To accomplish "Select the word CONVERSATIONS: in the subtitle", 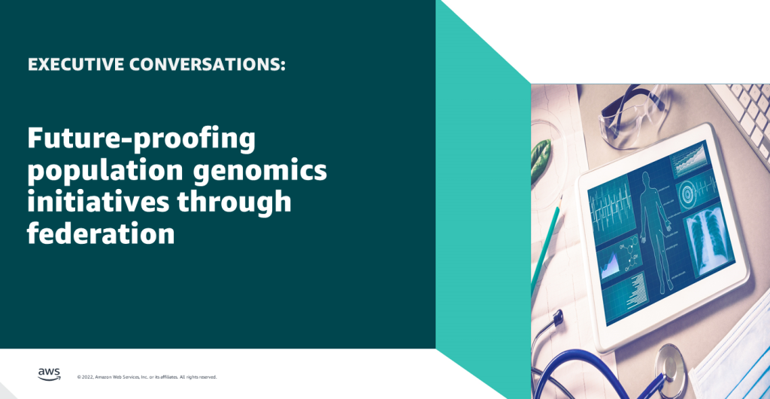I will pyautogui.click(x=207, y=65).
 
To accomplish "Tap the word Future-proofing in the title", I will pyautogui.click(x=141, y=140).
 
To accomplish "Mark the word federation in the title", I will pyautogui.click(x=101, y=233).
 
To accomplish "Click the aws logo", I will pyautogui.click(x=49, y=374).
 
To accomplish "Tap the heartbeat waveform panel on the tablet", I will pyautogui.click(x=608, y=203).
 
